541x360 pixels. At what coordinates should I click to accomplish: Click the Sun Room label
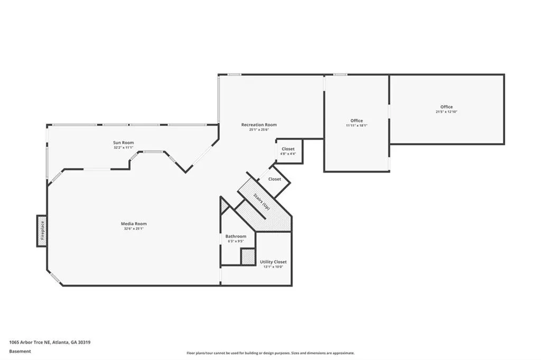(123, 143)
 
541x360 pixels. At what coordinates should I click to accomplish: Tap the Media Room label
(134, 224)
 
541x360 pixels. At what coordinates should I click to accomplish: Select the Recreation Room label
(259, 125)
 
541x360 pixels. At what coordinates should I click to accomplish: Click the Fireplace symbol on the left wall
(42, 231)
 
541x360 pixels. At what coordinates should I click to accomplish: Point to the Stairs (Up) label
(261, 202)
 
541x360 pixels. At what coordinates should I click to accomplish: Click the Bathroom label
(236, 236)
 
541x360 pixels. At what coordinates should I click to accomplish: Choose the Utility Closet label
(273, 262)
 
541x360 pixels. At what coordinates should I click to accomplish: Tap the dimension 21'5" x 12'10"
(446, 112)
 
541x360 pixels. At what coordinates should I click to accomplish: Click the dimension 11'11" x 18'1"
(357, 126)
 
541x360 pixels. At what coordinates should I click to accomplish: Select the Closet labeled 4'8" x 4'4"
(288, 149)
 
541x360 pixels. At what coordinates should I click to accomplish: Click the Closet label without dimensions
(275, 179)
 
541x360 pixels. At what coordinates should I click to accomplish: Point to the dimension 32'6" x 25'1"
(134, 229)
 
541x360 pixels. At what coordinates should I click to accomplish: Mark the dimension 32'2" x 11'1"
(123, 148)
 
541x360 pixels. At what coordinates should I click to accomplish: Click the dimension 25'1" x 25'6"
(259, 130)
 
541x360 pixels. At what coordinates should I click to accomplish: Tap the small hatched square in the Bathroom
(248, 257)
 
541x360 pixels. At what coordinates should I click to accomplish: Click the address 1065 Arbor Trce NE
(50, 343)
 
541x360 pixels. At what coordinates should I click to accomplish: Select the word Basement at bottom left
(20, 351)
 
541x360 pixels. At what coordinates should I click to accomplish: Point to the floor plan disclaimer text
(270, 353)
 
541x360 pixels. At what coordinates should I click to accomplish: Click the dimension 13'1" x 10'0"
(273, 267)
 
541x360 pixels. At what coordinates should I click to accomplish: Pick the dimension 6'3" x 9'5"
(236, 241)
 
